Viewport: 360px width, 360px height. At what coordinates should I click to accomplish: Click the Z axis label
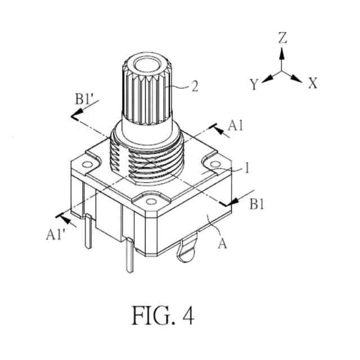click(282, 38)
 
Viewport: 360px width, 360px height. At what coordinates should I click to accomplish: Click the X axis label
click(313, 84)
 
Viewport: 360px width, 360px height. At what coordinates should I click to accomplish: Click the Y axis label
click(254, 85)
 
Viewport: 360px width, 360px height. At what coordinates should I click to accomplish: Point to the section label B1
click(257, 205)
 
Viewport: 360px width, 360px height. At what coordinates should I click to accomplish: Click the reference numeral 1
click(246, 168)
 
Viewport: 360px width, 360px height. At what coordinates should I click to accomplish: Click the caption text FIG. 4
click(163, 315)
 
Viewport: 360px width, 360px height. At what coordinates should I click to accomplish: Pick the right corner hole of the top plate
click(217, 164)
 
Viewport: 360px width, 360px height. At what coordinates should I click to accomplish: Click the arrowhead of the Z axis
click(282, 53)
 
